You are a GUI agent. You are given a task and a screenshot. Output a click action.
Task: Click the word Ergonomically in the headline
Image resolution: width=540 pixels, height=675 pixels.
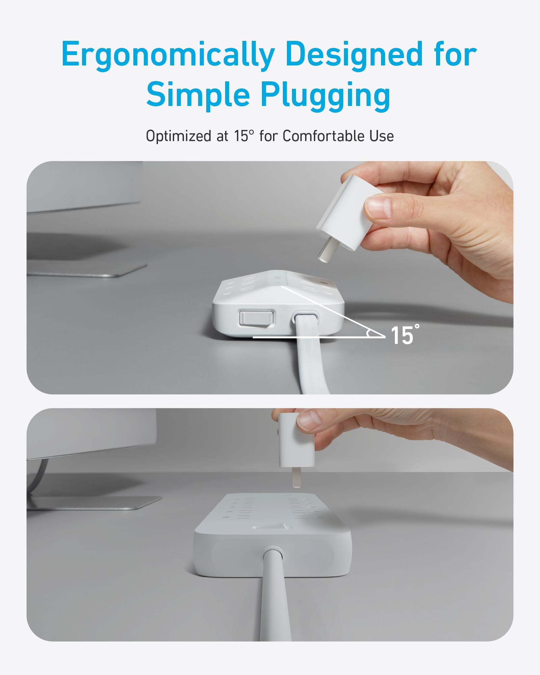(168, 55)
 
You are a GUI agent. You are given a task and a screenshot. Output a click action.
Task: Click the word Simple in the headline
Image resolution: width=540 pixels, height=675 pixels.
(198, 94)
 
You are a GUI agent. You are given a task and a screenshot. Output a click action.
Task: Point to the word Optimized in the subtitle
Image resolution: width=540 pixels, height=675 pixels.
(179, 136)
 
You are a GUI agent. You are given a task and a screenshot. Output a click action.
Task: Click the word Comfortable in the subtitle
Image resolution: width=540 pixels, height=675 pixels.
(324, 136)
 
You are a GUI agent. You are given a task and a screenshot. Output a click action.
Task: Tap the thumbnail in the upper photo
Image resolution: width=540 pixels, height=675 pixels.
(378, 207)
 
